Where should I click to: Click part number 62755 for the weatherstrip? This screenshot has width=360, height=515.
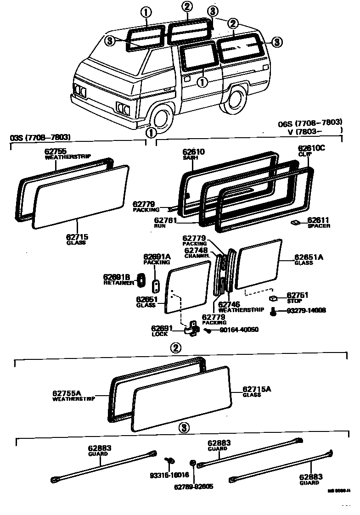point(56,151)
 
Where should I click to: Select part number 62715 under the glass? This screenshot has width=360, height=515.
point(77,237)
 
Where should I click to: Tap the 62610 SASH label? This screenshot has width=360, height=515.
point(194,152)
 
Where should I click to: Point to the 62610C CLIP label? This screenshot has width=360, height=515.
point(311,148)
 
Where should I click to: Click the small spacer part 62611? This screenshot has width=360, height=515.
point(295,223)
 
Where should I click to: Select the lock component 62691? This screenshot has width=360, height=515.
point(191,328)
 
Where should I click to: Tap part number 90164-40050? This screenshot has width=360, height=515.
point(239,330)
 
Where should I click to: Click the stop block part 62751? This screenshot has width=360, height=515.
point(274,298)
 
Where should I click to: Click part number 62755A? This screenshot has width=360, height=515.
point(67,393)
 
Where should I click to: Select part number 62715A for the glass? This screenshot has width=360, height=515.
point(257,389)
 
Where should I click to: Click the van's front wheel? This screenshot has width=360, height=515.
point(161,118)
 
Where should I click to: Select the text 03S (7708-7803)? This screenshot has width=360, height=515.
point(40,137)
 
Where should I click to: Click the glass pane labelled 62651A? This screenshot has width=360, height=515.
point(259,263)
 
